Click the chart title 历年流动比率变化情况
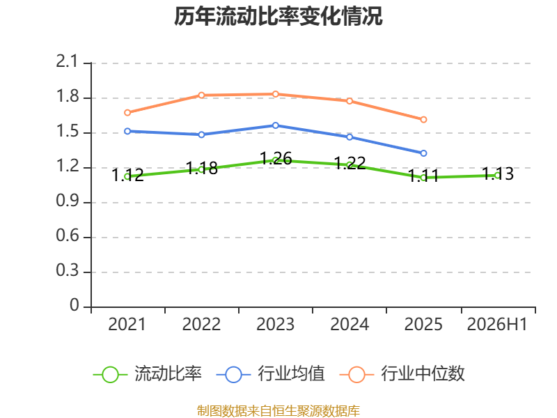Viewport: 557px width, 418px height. tap(278, 16)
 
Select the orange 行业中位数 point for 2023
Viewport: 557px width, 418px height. tap(275, 94)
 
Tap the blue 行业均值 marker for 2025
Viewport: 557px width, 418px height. tap(423, 153)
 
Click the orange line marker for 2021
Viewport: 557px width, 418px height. tap(127, 113)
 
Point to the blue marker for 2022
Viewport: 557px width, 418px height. tap(201, 134)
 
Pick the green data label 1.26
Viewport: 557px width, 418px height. tap(276, 159)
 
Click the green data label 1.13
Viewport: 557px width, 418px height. tap(498, 173)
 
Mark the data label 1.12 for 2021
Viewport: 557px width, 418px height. tap(127, 176)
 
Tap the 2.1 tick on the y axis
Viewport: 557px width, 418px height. tap(67, 62)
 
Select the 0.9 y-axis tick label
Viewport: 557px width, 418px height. tap(67, 201)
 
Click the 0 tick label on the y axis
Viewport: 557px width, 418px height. tap(74, 305)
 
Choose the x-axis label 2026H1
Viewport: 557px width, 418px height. tap(497, 325)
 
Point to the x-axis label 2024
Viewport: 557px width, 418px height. tap(350, 325)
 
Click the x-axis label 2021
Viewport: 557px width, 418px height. tap(127, 325)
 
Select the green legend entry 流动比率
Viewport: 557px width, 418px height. tap(148, 374)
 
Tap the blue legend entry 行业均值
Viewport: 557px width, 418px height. tap(270, 374)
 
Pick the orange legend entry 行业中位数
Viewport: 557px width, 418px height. tap(402, 374)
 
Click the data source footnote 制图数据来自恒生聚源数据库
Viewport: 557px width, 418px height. tap(278, 411)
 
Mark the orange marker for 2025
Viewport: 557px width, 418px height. tap(423, 120)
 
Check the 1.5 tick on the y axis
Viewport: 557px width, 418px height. tap(67, 132)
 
